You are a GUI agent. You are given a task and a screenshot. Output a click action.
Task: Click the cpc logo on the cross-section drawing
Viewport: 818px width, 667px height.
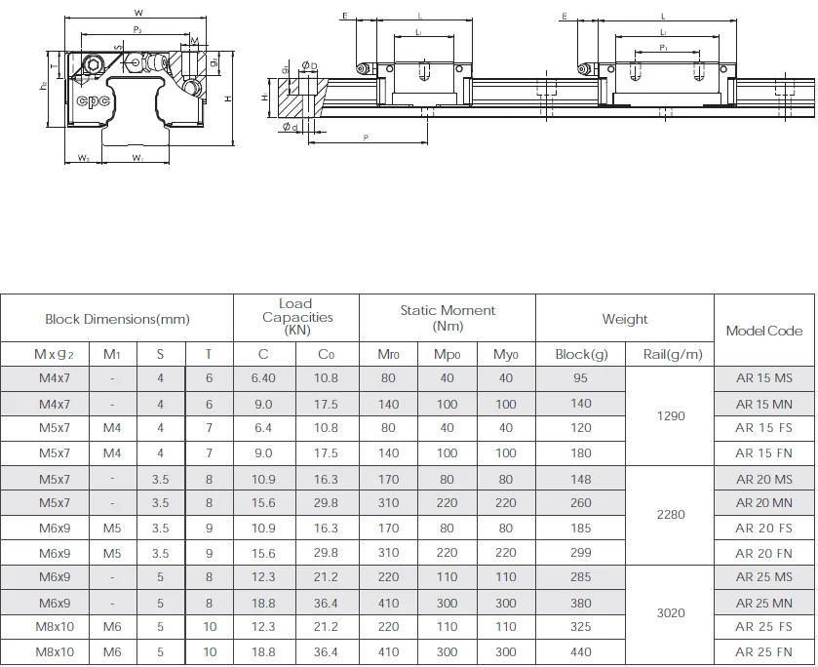point(94,99)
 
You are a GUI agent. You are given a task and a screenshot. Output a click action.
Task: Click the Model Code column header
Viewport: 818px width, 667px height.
point(764,331)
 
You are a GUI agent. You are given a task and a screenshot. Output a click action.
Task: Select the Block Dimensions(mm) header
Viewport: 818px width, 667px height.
point(117,319)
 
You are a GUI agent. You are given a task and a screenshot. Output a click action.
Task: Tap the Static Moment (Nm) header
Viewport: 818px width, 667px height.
point(448,318)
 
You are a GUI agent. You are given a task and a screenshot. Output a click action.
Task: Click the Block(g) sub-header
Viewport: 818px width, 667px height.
point(580,354)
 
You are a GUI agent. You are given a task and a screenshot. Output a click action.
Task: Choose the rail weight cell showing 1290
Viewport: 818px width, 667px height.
point(671,415)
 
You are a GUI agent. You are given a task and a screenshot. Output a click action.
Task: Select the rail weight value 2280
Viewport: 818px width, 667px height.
point(671,515)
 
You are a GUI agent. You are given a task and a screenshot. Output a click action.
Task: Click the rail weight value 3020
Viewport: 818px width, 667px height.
point(671,613)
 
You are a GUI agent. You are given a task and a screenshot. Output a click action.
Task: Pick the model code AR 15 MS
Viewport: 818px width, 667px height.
point(764,378)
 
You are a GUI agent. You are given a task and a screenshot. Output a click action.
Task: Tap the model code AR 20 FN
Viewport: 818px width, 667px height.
point(764,552)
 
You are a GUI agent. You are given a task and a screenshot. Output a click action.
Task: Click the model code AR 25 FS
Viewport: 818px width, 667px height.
point(764,627)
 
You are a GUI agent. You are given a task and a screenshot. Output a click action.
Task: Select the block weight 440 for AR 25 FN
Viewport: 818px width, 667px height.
point(580,652)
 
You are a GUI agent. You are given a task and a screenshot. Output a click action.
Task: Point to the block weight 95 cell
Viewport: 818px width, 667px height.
point(580,378)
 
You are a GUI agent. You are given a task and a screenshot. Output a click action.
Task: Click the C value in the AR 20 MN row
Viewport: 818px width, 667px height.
point(263,503)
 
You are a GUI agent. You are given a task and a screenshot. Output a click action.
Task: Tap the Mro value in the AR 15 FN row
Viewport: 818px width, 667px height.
point(387,453)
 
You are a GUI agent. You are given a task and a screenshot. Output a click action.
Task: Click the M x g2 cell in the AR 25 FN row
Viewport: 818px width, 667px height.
point(55,652)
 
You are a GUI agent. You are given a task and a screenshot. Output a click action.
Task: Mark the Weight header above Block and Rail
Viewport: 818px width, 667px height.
point(625,319)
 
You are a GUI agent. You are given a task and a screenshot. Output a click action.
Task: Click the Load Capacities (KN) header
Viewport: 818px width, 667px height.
point(296,318)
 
